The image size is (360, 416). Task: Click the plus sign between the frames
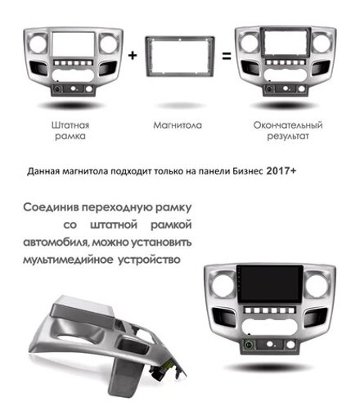point(133,57)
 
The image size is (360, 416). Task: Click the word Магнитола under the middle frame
point(177,125)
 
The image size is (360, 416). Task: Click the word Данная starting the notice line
point(43,173)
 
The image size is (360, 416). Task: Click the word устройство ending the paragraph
point(159,260)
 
